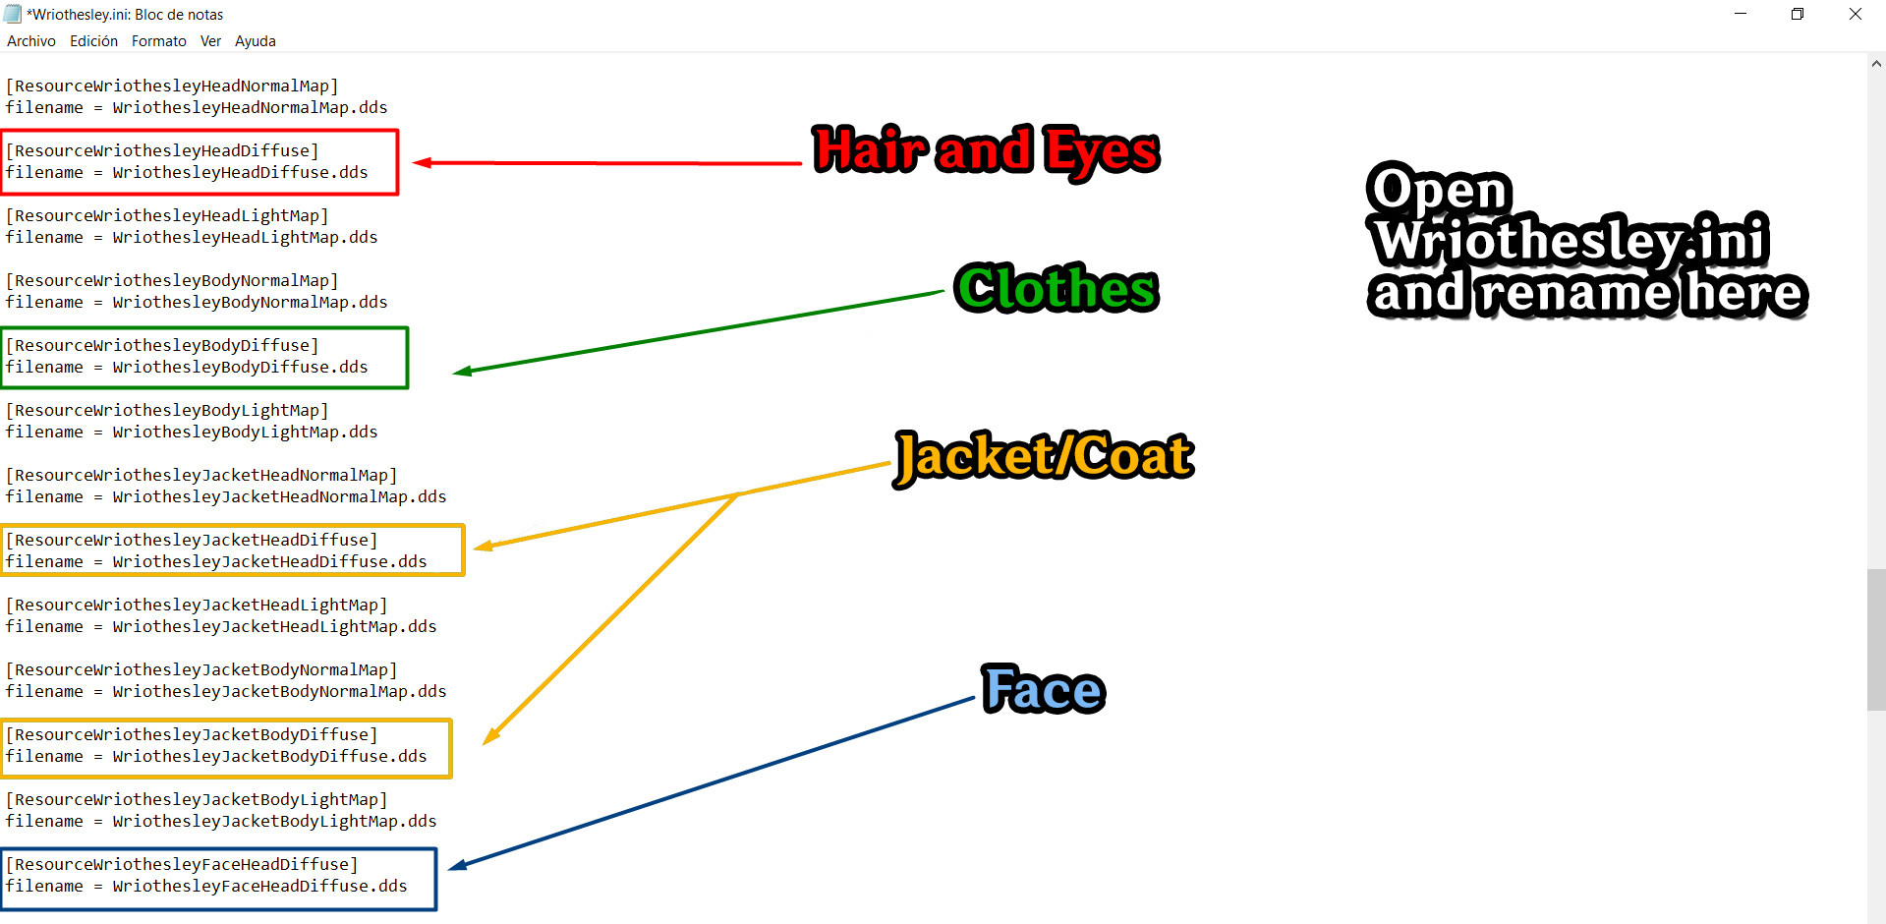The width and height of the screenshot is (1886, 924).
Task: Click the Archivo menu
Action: click(x=31, y=41)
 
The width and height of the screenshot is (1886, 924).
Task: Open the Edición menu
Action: click(x=93, y=41)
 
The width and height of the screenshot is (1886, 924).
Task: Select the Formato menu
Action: click(x=159, y=41)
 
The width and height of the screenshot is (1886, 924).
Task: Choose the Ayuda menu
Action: click(x=255, y=41)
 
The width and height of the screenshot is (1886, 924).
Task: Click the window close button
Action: click(x=1855, y=14)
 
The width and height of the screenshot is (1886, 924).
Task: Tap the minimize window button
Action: click(x=1741, y=14)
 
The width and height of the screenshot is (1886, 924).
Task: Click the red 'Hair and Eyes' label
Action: click(x=986, y=151)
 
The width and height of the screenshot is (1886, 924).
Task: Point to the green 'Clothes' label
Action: click(x=1057, y=289)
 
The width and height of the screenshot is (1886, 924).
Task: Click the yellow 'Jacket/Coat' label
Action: click(x=1044, y=457)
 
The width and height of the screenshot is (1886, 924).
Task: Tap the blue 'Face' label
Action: click(x=1044, y=689)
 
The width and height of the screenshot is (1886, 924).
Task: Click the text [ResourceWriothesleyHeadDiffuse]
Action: click(x=162, y=150)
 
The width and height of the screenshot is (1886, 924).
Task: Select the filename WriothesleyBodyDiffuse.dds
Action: click(x=240, y=367)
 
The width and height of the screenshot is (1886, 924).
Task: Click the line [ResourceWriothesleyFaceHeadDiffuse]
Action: click(x=182, y=864)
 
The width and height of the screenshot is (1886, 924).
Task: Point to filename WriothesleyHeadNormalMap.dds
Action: click(x=250, y=107)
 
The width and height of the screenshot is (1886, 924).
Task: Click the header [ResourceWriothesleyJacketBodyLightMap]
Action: click(x=197, y=799)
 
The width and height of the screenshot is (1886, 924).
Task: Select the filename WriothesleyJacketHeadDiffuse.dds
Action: click(x=269, y=561)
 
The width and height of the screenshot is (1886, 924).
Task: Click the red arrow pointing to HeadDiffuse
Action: click(x=609, y=163)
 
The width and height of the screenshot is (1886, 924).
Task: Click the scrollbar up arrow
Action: click(x=1876, y=64)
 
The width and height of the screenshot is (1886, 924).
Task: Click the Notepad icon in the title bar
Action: click(x=13, y=14)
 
